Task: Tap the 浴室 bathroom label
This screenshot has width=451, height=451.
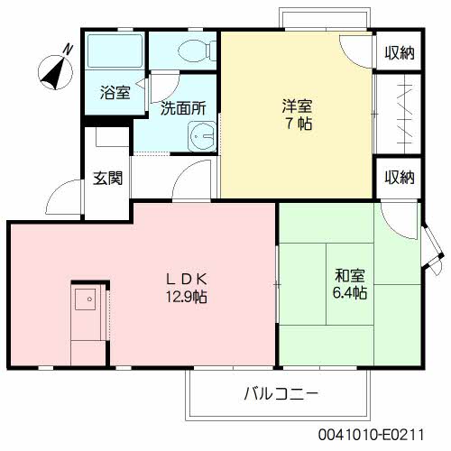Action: (115, 92)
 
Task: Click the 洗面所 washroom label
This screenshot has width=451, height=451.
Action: (183, 108)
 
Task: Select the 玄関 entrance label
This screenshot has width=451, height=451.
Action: (107, 178)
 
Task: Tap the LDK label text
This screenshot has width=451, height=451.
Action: (185, 278)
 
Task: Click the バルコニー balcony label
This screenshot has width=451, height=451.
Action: (281, 394)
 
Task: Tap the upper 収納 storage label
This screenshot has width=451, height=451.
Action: (397, 52)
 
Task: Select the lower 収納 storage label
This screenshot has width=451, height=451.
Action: (397, 177)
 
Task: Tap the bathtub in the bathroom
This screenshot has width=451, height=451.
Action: (115, 53)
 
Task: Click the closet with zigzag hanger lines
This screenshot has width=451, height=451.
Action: (398, 115)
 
